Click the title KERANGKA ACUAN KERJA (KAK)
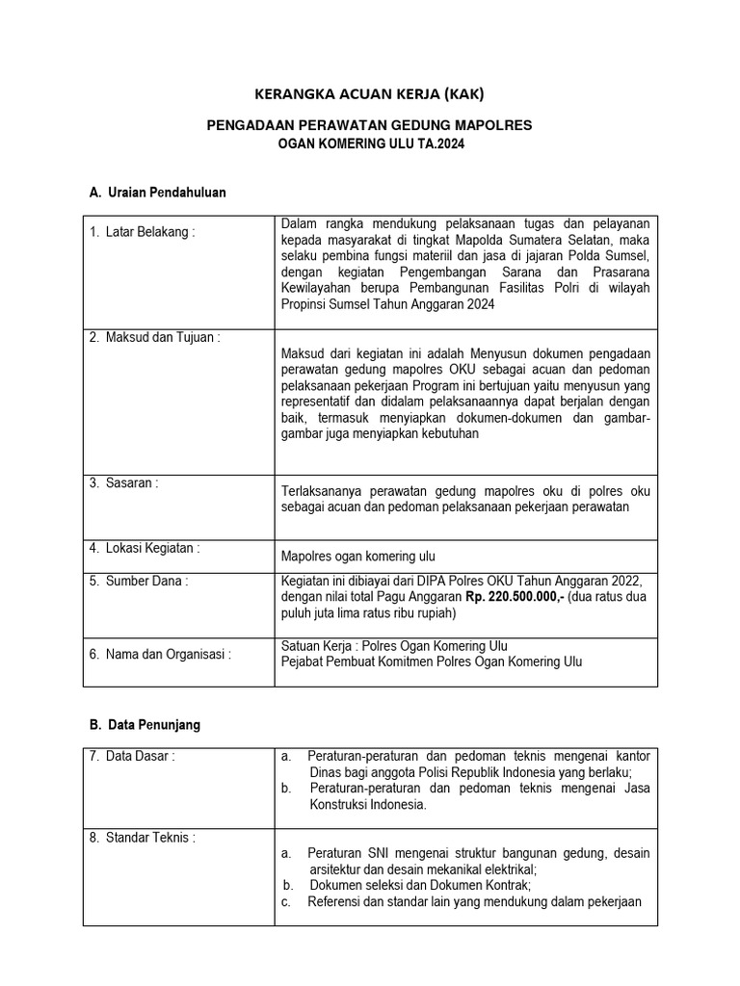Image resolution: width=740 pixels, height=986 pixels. tap(369, 94)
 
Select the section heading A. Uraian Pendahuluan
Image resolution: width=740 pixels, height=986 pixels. tap(157, 193)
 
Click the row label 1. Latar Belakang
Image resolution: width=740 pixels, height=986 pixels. tap(142, 232)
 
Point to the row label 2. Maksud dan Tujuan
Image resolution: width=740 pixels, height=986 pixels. tap(154, 337)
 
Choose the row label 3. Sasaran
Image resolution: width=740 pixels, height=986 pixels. tap(123, 483)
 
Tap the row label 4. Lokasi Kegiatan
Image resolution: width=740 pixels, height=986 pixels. tap(144, 548)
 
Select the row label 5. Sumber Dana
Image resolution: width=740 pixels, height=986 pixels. tap(138, 581)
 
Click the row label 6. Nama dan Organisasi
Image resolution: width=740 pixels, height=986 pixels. tap(160, 654)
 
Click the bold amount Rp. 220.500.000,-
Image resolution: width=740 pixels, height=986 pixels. tap(515, 597)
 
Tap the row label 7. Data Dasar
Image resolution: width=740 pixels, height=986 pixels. tap(132, 757)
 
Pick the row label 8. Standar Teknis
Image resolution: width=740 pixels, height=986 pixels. tap(142, 838)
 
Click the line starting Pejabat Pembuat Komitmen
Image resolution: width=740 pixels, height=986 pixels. tap(431, 662)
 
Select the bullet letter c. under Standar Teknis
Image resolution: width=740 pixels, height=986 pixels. tap(286, 902)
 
